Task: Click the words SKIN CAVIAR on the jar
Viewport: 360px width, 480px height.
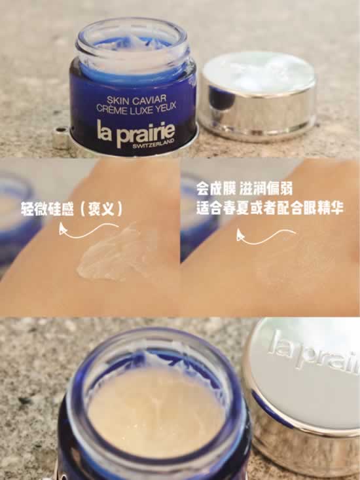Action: [137, 100]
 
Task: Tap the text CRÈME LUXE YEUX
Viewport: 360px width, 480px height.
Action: [136, 108]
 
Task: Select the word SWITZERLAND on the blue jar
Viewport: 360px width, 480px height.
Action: [154, 143]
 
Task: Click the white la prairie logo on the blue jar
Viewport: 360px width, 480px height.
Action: [135, 133]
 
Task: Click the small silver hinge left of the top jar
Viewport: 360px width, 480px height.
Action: [61, 137]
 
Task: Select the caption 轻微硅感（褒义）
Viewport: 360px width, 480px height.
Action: [72, 208]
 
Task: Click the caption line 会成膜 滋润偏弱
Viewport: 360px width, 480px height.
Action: [245, 189]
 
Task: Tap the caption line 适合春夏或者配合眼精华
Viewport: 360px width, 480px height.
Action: [270, 208]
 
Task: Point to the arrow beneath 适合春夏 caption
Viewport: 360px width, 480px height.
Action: [266, 236]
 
